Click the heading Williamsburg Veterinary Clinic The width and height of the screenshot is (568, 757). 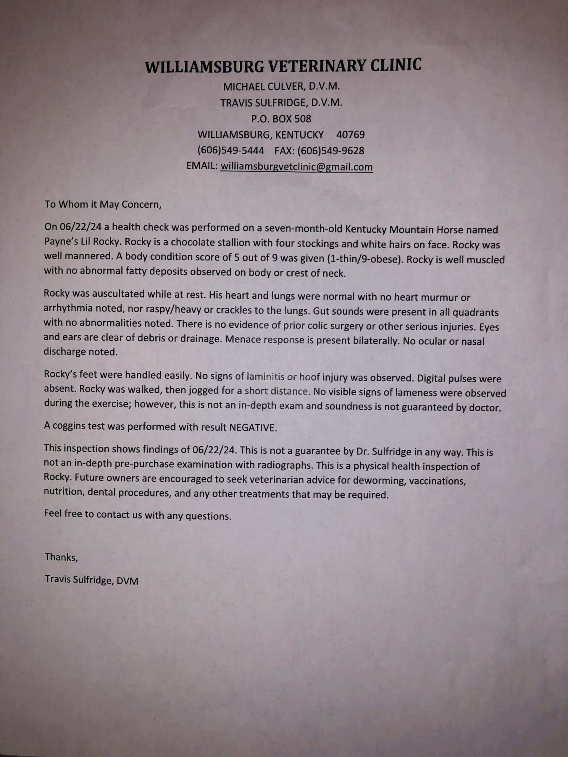pos(283,66)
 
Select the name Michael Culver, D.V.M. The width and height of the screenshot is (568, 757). pos(281,87)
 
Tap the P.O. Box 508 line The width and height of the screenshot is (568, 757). pos(281,119)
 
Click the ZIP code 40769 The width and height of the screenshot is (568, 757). pos(350,135)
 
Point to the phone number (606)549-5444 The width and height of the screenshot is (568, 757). pos(231,151)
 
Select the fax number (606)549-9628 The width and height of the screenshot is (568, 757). pos(330,151)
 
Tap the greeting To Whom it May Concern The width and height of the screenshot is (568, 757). pos(102,204)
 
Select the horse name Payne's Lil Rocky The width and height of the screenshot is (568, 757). pos(83,242)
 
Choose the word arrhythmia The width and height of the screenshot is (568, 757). pos(68,308)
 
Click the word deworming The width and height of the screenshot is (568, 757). pos(377,481)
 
